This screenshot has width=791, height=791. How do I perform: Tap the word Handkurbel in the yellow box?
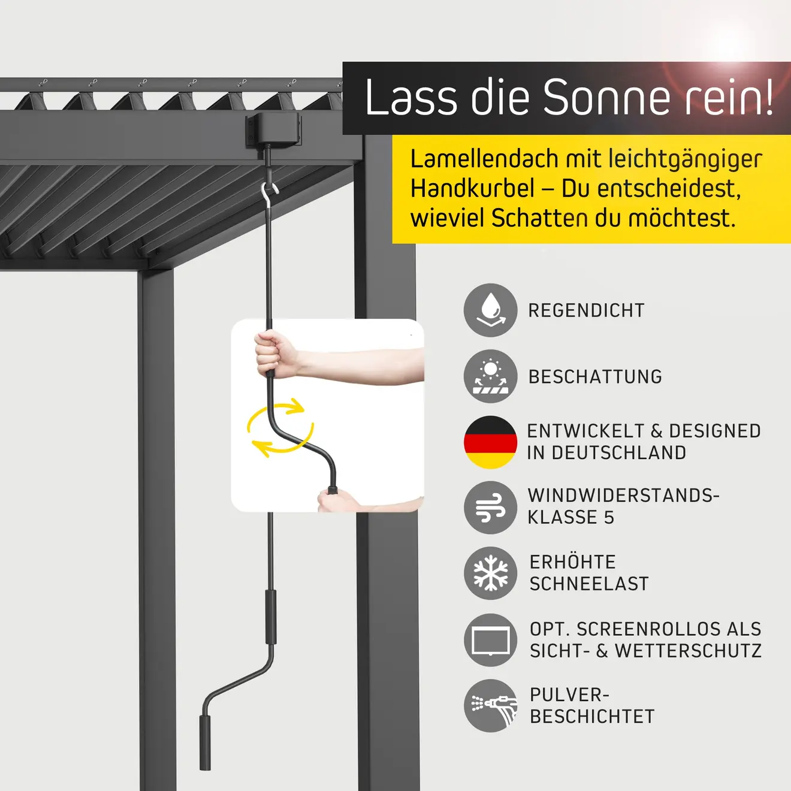(472, 189)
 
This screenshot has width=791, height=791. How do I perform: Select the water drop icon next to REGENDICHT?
(490, 310)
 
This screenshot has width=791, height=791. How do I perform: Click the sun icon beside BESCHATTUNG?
(490, 376)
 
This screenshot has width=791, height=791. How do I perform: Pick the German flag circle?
(490, 442)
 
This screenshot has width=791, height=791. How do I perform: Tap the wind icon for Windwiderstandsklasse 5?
(490, 508)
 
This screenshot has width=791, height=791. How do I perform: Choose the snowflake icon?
(490, 573)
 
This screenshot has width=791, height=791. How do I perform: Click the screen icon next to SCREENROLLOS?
(490, 640)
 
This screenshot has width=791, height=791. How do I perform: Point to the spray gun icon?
(490, 705)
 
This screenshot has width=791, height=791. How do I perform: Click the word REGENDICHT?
(586, 310)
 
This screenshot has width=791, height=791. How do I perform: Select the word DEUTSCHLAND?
(618, 453)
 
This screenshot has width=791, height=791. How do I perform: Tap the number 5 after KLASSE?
(609, 518)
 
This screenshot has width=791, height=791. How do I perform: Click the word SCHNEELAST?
(589, 584)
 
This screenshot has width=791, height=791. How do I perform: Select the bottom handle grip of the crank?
(205, 742)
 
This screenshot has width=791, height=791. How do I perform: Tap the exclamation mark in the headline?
(768, 97)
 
